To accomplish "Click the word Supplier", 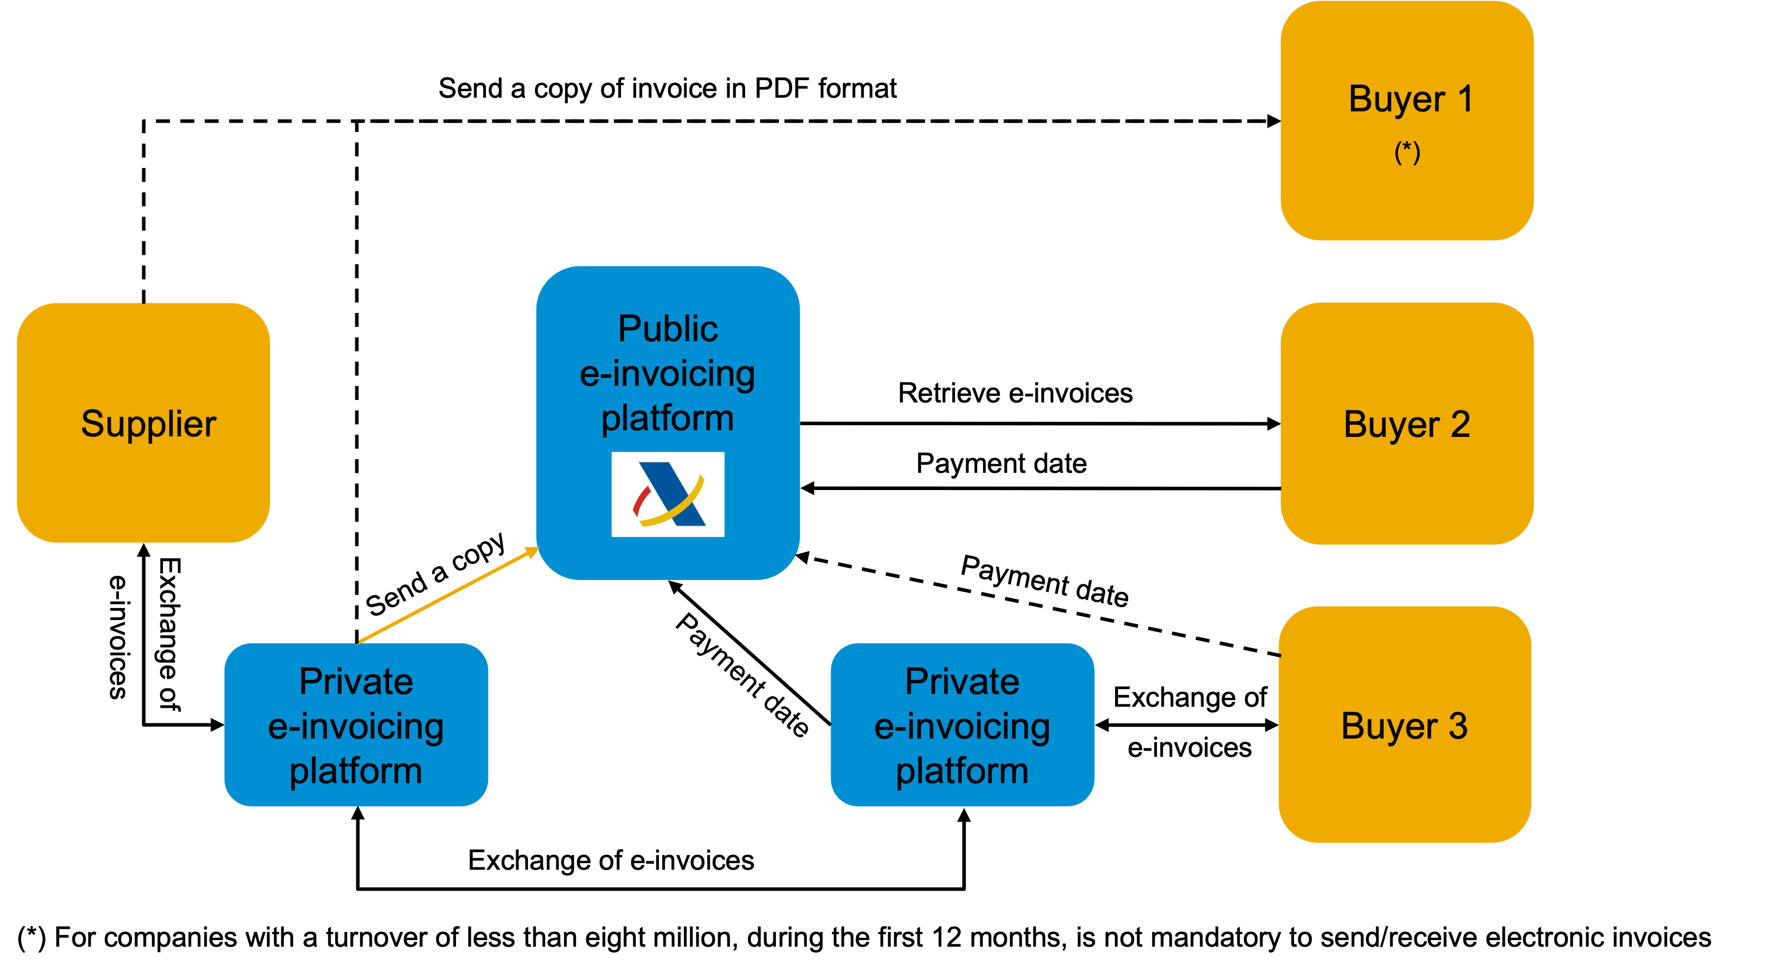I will point(148,423).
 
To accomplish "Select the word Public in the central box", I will point(668,329).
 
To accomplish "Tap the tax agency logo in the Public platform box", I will point(668,494).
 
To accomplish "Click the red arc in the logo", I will point(640,501).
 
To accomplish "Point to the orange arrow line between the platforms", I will point(446,595).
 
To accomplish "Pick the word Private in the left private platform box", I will point(356,681).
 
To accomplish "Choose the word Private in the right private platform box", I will point(962,681).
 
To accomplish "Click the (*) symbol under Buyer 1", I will point(1407,152).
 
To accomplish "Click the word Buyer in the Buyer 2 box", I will point(1391,425).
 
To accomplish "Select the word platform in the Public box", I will point(668,418).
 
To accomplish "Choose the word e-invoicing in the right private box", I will point(962,726).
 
